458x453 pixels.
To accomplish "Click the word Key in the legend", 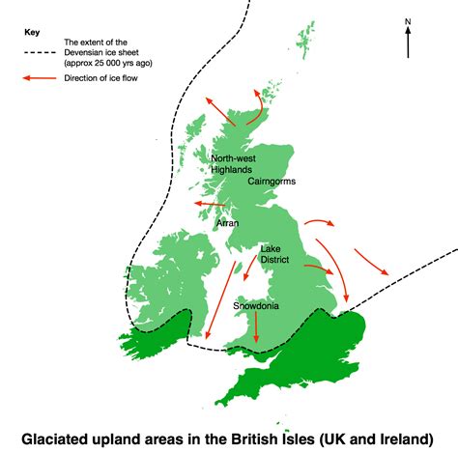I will (x=32, y=31).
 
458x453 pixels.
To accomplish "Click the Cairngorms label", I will (x=272, y=181).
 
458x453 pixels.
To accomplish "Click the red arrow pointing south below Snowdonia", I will (x=256, y=328).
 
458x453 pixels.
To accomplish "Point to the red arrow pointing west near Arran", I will (x=207, y=204).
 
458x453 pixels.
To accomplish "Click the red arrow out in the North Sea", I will (x=371, y=261).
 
